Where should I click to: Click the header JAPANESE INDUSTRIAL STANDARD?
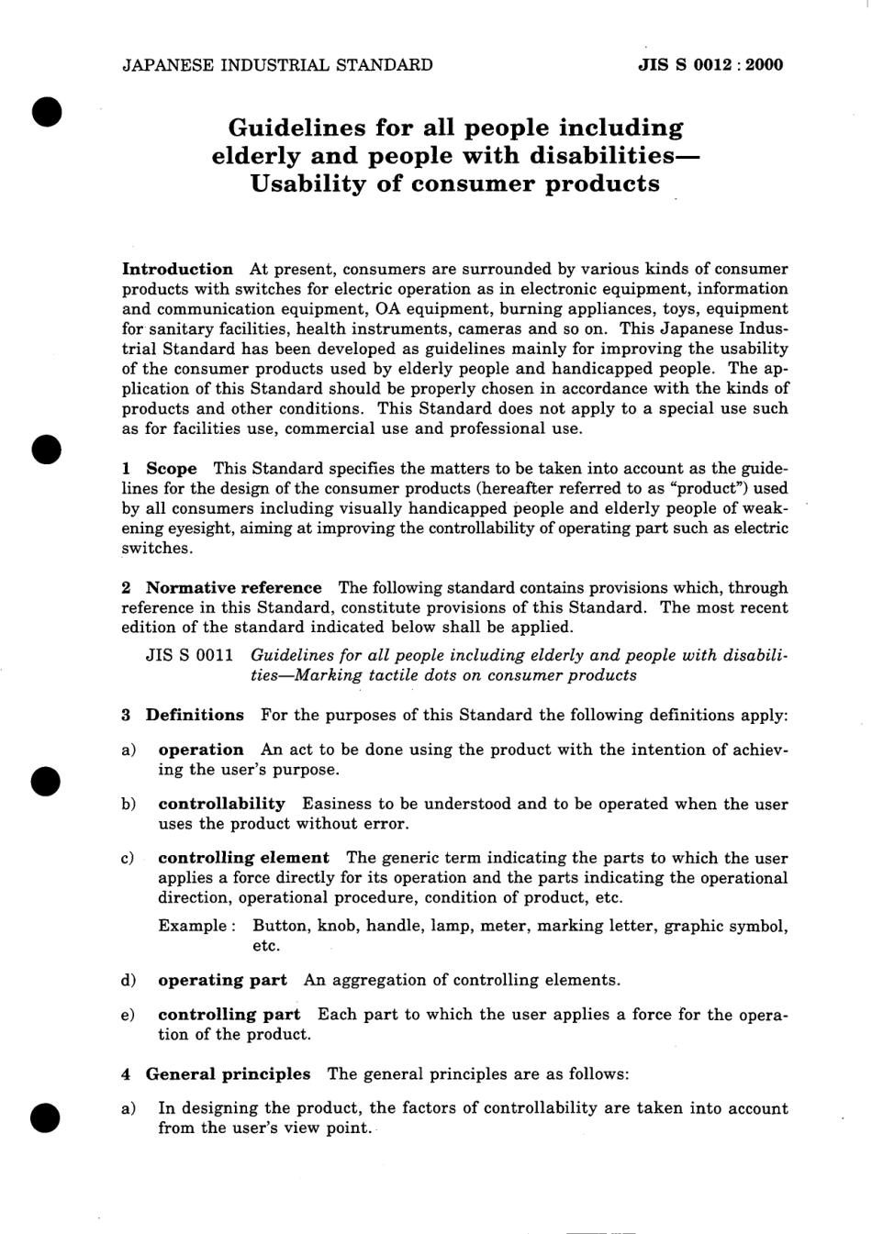tap(277, 65)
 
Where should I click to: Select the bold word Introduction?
tap(178, 270)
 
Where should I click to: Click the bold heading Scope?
tap(172, 469)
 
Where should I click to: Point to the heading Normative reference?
tap(234, 588)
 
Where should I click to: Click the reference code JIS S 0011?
tap(190, 656)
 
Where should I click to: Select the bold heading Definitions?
tap(195, 715)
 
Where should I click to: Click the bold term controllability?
tap(221, 804)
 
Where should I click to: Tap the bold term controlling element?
tap(243, 858)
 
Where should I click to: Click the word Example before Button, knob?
tap(190, 926)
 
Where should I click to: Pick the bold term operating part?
tap(222, 980)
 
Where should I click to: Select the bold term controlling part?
tap(229, 1015)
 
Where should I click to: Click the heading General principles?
tap(228, 1073)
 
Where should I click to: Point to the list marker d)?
tap(129, 980)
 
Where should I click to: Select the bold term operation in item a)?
tap(200, 750)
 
